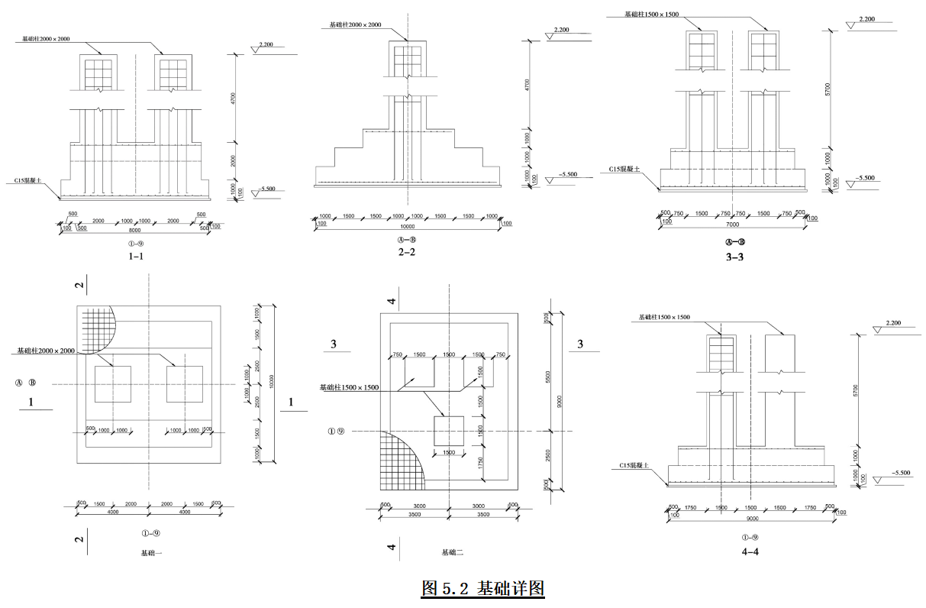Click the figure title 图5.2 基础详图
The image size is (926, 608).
pyautogui.click(x=482, y=589)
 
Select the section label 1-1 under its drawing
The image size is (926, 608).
pyautogui.click(x=136, y=257)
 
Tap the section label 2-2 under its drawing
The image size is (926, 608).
pyautogui.click(x=407, y=251)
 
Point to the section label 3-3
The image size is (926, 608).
pyautogui.click(x=734, y=257)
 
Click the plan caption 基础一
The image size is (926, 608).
pyautogui.click(x=151, y=552)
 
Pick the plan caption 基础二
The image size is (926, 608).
pyautogui.click(x=453, y=552)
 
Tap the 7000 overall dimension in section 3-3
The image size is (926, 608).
pyautogui.click(x=733, y=225)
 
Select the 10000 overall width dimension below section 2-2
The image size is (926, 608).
pyautogui.click(x=407, y=226)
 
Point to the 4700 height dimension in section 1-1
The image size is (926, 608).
pyautogui.click(x=234, y=99)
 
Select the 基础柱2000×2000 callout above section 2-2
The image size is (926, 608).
pyautogui.click(x=355, y=25)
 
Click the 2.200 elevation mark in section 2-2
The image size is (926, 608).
pyautogui.click(x=561, y=30)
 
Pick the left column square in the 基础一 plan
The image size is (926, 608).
pyautogui.click(x=112, y=384)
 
